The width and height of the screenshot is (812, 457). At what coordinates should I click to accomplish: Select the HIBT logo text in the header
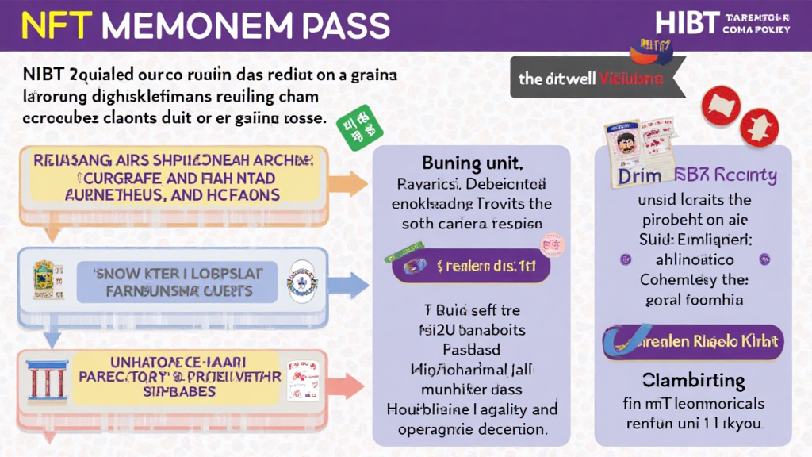point(686,23)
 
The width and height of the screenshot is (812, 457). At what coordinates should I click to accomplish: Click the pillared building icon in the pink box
point(47,382)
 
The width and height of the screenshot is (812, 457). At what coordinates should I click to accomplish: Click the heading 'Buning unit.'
point(472,164)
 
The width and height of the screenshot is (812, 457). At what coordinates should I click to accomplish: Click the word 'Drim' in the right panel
point(640,175)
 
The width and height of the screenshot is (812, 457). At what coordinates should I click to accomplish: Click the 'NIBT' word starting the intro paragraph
point(39,75)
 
